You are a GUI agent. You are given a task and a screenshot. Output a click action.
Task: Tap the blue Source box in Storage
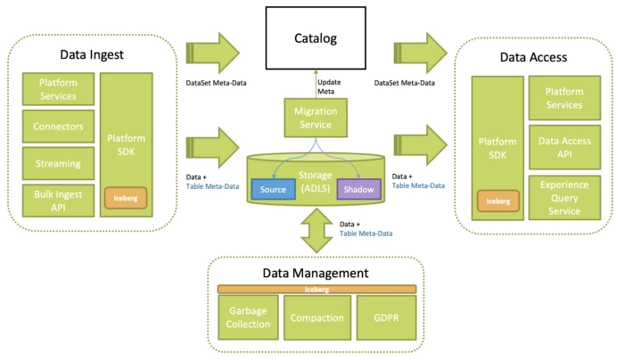point(273,189)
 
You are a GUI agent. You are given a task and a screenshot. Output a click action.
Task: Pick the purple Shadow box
point(359,189)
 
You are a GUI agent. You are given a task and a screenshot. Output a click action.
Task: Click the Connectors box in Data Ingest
point(58,127)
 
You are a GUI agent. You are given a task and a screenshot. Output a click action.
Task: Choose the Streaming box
point(58,163)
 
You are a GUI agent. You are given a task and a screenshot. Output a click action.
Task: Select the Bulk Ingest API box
point(58,200)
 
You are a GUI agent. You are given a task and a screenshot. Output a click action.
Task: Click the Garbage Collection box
point(248,318)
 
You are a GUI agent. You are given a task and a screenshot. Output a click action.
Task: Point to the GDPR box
point(385,318)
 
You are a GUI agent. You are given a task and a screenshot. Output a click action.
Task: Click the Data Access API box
point(564,148)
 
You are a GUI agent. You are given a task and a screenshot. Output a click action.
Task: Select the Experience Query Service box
point(564,198)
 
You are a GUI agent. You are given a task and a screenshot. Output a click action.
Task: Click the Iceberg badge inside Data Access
point(498,200)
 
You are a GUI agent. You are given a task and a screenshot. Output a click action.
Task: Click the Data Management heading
point(316,273)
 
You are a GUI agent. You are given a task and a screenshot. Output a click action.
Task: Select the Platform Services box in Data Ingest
point(58,89)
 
